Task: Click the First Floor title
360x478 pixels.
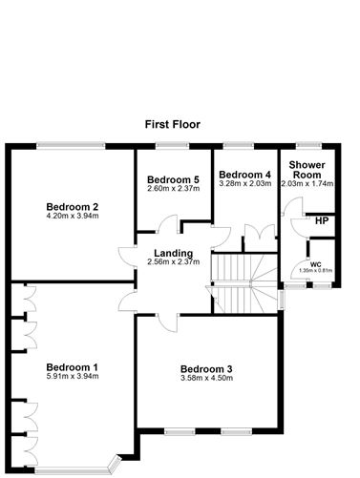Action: pos(180,124)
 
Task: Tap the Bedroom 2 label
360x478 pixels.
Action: pos(73,206)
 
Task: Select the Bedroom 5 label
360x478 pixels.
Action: pos(173,179)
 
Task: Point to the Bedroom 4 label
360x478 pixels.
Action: pos(244,175)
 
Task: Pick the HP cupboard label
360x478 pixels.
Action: pos(321,220)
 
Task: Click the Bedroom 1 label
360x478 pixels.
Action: pos(73,367)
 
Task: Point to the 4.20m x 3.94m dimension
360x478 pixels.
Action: pos(73,216)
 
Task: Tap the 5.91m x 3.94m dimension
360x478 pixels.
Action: pos(73,377)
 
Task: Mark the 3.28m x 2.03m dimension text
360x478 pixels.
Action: pos(244,184)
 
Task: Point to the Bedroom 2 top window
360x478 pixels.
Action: pos(71,145)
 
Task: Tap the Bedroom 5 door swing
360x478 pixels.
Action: pos(167,227)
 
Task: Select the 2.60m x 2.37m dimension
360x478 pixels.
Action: pos(173,189)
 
